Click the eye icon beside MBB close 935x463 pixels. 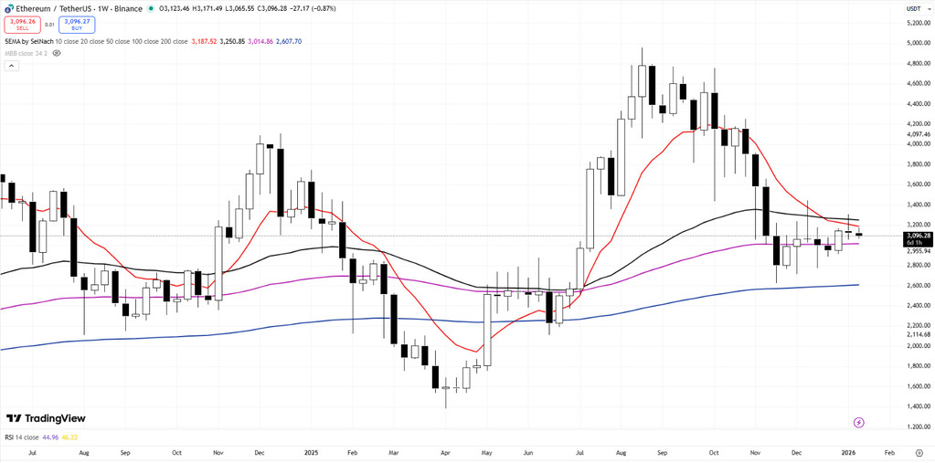pyautogui.click(x=57, y=53)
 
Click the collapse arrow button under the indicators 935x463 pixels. pyautogui.click(x=10, y=66)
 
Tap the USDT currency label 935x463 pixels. pyautogui.click(x=912, y=9)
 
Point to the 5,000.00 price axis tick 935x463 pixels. pyautogui.click(x=917, y=43)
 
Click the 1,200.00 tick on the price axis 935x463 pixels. pyautogui.click(x=917, y=426)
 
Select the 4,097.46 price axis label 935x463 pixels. pyautogui.click(x=917, y=134)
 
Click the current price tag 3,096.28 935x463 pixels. pyautogui.click(x=917, y=236)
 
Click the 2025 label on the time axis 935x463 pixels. pyautogui.click(x=311, y=452)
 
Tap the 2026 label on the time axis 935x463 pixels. pyautogui.click(x=849, y=452)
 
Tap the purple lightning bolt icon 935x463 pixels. pyautogui.click(x=858, y=422)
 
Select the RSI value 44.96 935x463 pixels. pyautogui.click(x=49, y=437)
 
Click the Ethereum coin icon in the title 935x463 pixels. pyautogui.click(x=6, y=9)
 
